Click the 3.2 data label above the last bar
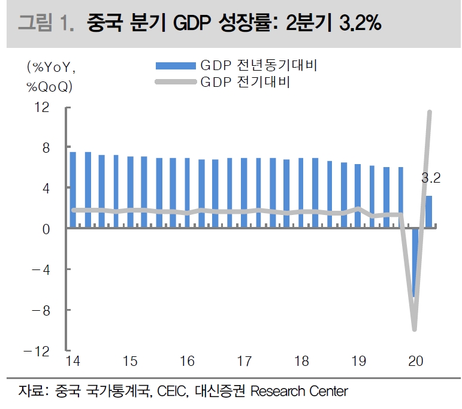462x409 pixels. (x=431, y=178)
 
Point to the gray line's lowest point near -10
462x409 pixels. (x=414, y=328)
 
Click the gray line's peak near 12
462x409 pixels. (x=429, y=112)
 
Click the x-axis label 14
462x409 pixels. (x=73, y=361)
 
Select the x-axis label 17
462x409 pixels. (x=244, y=361)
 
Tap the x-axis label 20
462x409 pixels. (x=415, y=361)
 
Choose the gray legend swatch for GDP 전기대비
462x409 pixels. (x=176, y=83)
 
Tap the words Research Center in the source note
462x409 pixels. (x=298, y=392)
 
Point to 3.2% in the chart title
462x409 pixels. (x=358, y=24)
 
